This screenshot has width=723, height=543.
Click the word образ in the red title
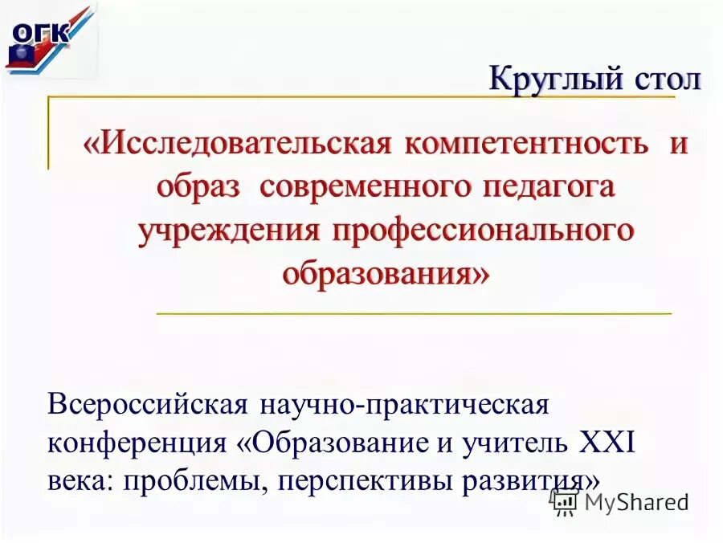pos(198,187)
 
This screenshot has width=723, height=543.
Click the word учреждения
pos(228,231)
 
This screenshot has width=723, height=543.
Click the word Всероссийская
pos(146,404)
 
